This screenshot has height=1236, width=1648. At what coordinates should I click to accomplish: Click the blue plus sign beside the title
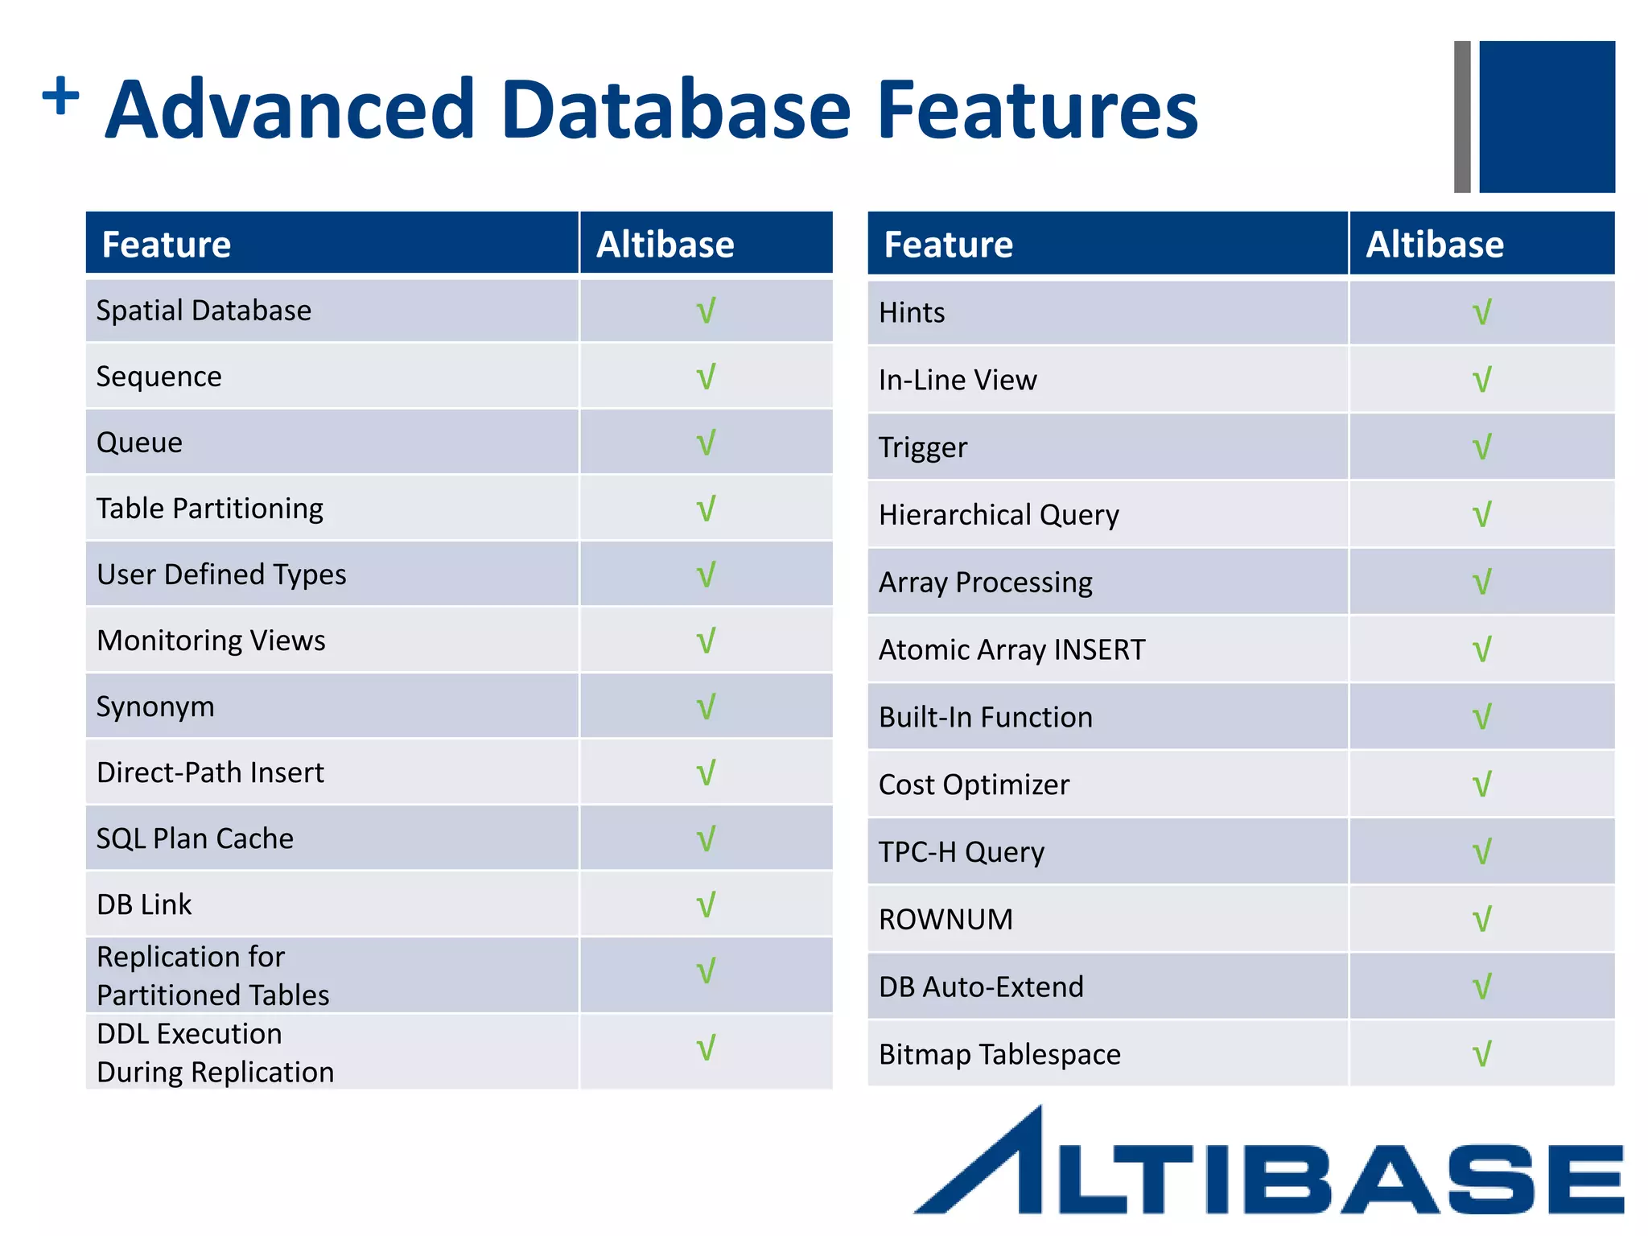point(61,97)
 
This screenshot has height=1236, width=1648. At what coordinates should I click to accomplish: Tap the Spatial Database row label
point(204,311)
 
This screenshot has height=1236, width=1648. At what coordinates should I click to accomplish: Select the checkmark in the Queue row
point(706,443)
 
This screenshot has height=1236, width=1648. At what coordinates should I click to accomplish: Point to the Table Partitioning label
point(209,509)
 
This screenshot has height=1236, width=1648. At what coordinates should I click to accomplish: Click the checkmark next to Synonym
point(706,707)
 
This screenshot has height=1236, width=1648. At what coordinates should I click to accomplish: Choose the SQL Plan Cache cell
point(195,838)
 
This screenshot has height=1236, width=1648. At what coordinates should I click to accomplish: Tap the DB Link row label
point(144,904)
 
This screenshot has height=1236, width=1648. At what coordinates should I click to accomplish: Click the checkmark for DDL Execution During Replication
point(706,1048)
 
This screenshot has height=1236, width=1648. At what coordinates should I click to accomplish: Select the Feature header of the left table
point(167,245)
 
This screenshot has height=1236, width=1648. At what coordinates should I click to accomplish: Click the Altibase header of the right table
point(1435,245)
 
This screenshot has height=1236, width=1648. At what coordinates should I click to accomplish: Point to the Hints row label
point(912,312)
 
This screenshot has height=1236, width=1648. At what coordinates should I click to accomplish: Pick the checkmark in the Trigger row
point(1481,447)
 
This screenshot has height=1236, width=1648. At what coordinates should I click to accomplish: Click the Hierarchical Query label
point(999,515)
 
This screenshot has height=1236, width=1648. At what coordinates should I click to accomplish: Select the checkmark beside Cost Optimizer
point(1481,785)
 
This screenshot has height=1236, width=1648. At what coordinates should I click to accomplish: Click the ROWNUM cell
point(946,919)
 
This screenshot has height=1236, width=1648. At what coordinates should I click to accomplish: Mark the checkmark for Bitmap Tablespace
point(1481,1054)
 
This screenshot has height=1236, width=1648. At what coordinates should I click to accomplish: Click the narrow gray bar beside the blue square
point(1462,117)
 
